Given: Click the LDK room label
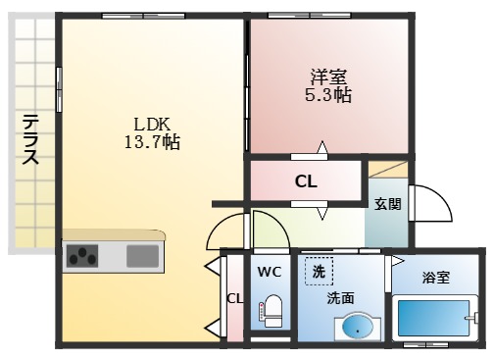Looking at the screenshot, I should [153, 125].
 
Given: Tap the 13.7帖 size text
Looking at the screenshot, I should [153, 142].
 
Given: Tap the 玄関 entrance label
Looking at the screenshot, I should [386, 204].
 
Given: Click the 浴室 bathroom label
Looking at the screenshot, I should [436, 278].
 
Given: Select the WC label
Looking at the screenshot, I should [270, 270].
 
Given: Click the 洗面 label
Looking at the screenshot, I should [341, 297].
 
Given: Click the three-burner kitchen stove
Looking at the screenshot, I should [84, 257].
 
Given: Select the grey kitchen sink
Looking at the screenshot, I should [142, 257].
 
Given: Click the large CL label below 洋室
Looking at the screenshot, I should [306, 181].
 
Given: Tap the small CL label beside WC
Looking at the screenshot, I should [234, 299].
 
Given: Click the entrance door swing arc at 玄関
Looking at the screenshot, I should [431, 206].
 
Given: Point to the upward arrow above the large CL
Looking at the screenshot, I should [321, 150].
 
